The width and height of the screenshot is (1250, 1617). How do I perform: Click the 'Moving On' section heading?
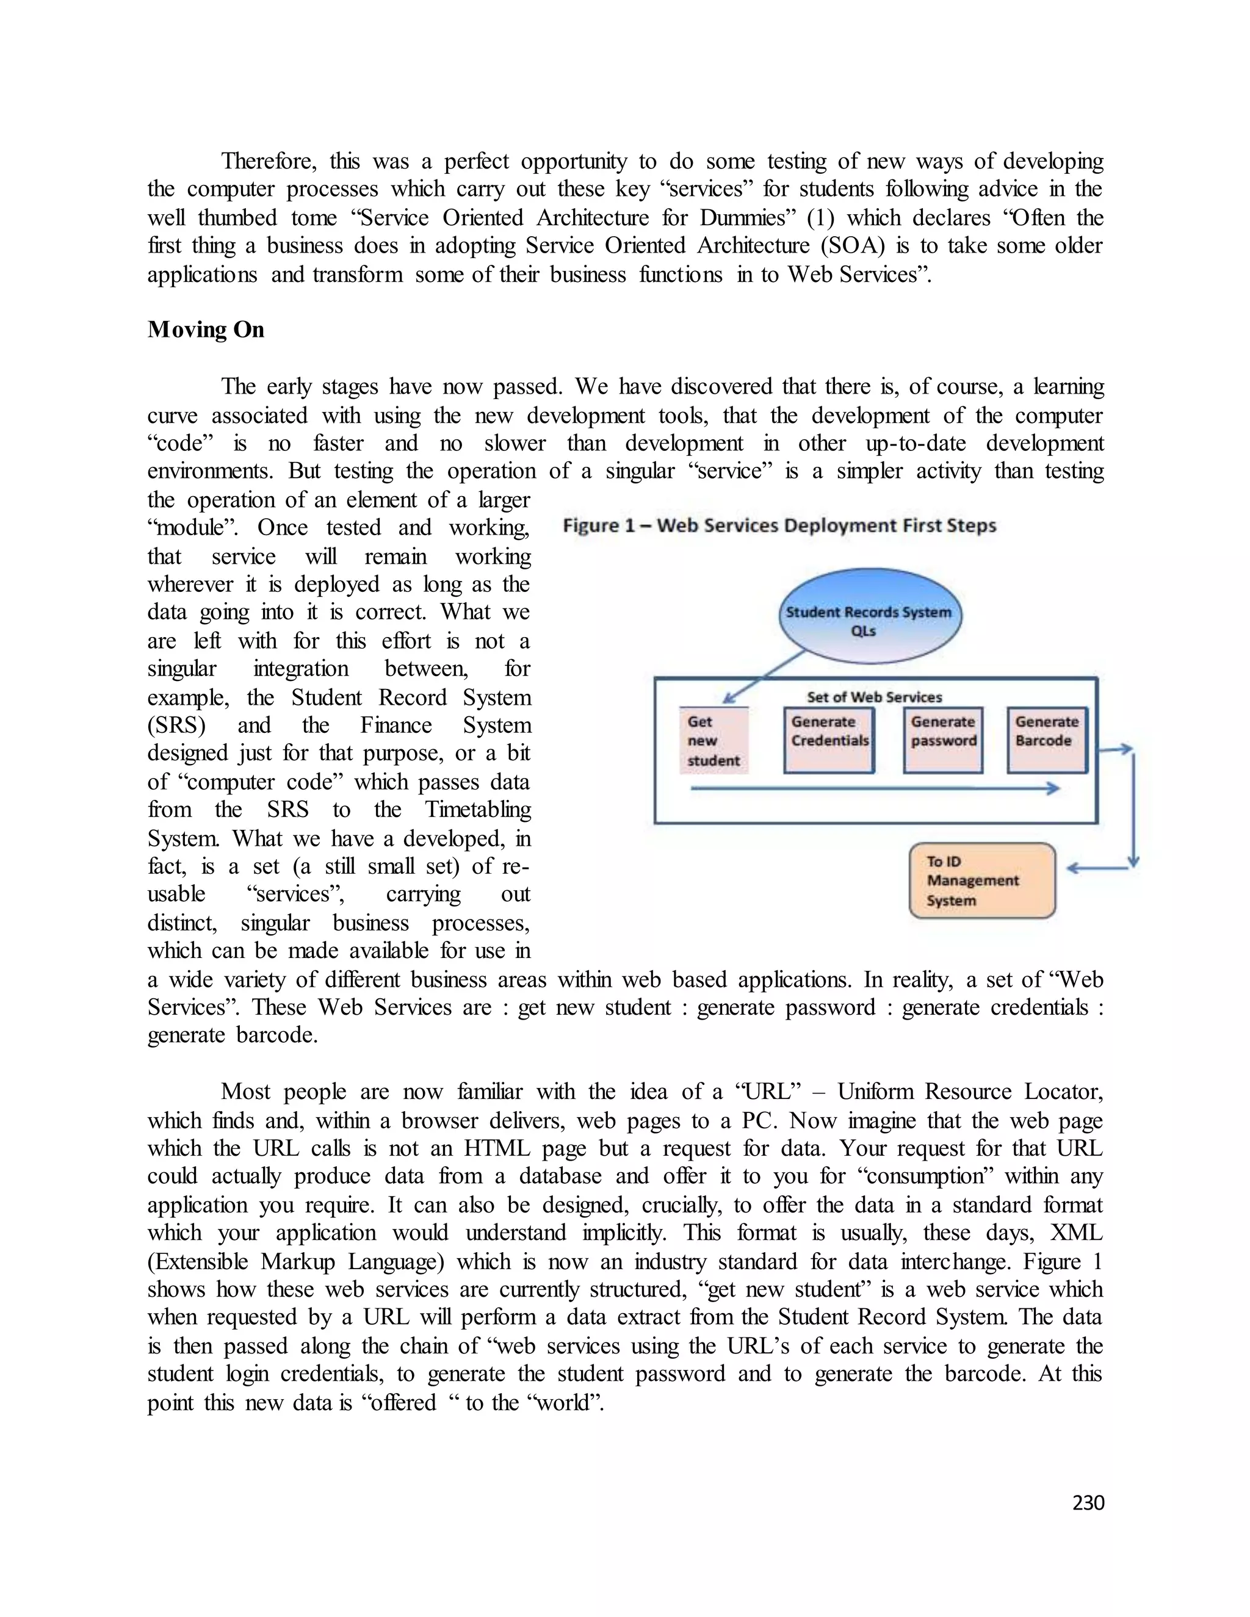[205, 330]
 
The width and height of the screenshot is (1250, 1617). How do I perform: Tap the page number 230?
[1088, 1502]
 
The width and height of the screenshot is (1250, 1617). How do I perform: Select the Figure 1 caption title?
[779, 525]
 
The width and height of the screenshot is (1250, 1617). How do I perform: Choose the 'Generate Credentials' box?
[829, 740]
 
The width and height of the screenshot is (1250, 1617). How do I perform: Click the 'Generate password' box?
[942, 740]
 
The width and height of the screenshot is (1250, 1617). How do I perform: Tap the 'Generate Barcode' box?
[1046, 740]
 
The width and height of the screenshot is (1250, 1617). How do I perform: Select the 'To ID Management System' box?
[981, 881]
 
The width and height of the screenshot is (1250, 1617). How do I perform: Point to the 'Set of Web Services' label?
[874, 697]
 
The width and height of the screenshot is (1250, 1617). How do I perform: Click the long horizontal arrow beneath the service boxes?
[874, 788]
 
